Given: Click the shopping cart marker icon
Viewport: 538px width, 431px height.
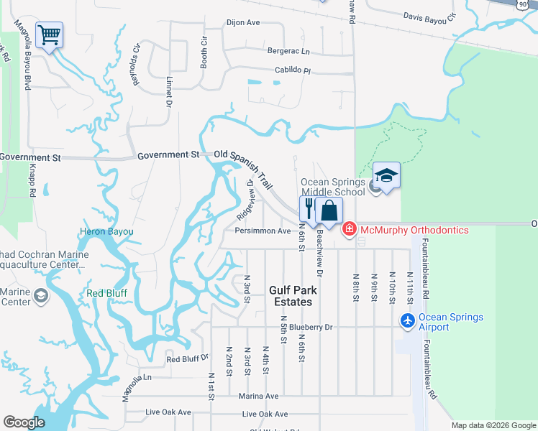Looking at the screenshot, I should [x=49, y=34].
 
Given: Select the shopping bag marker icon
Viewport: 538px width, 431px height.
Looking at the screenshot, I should [x=329, y=211].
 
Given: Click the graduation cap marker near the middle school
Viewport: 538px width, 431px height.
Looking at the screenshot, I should [x=386, y=176].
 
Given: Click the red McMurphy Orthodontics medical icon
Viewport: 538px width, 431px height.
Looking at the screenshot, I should [x=350, y=230].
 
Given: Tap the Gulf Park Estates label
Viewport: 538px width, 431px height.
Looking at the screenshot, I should [x=293, y=296].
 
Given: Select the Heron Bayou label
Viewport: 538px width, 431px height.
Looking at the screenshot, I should [x=106, y=232].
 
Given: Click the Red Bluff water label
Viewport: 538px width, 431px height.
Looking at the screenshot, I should [x=106, y=293].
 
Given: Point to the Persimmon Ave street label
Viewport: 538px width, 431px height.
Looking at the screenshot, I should [x=263, y=231].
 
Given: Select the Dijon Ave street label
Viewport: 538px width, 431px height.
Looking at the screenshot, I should [x=242, y=23].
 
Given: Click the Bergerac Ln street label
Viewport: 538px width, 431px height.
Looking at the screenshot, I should [x=288, y=52].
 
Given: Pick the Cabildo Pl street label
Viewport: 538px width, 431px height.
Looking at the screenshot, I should [x=291, y=71].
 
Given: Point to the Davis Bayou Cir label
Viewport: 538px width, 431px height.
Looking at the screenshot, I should [x=429, y=16].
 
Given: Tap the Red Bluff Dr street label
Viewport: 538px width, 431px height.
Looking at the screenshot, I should [x=187, y=358].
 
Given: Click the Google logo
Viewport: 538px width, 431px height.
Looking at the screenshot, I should [x=24, y=422].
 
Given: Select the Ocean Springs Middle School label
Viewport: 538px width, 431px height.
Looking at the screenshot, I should [x=333, y=187].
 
